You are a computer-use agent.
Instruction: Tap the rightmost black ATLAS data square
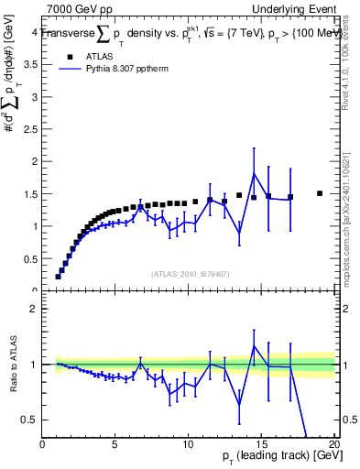pos(320,193)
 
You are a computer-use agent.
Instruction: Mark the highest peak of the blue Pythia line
pos(254,173)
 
